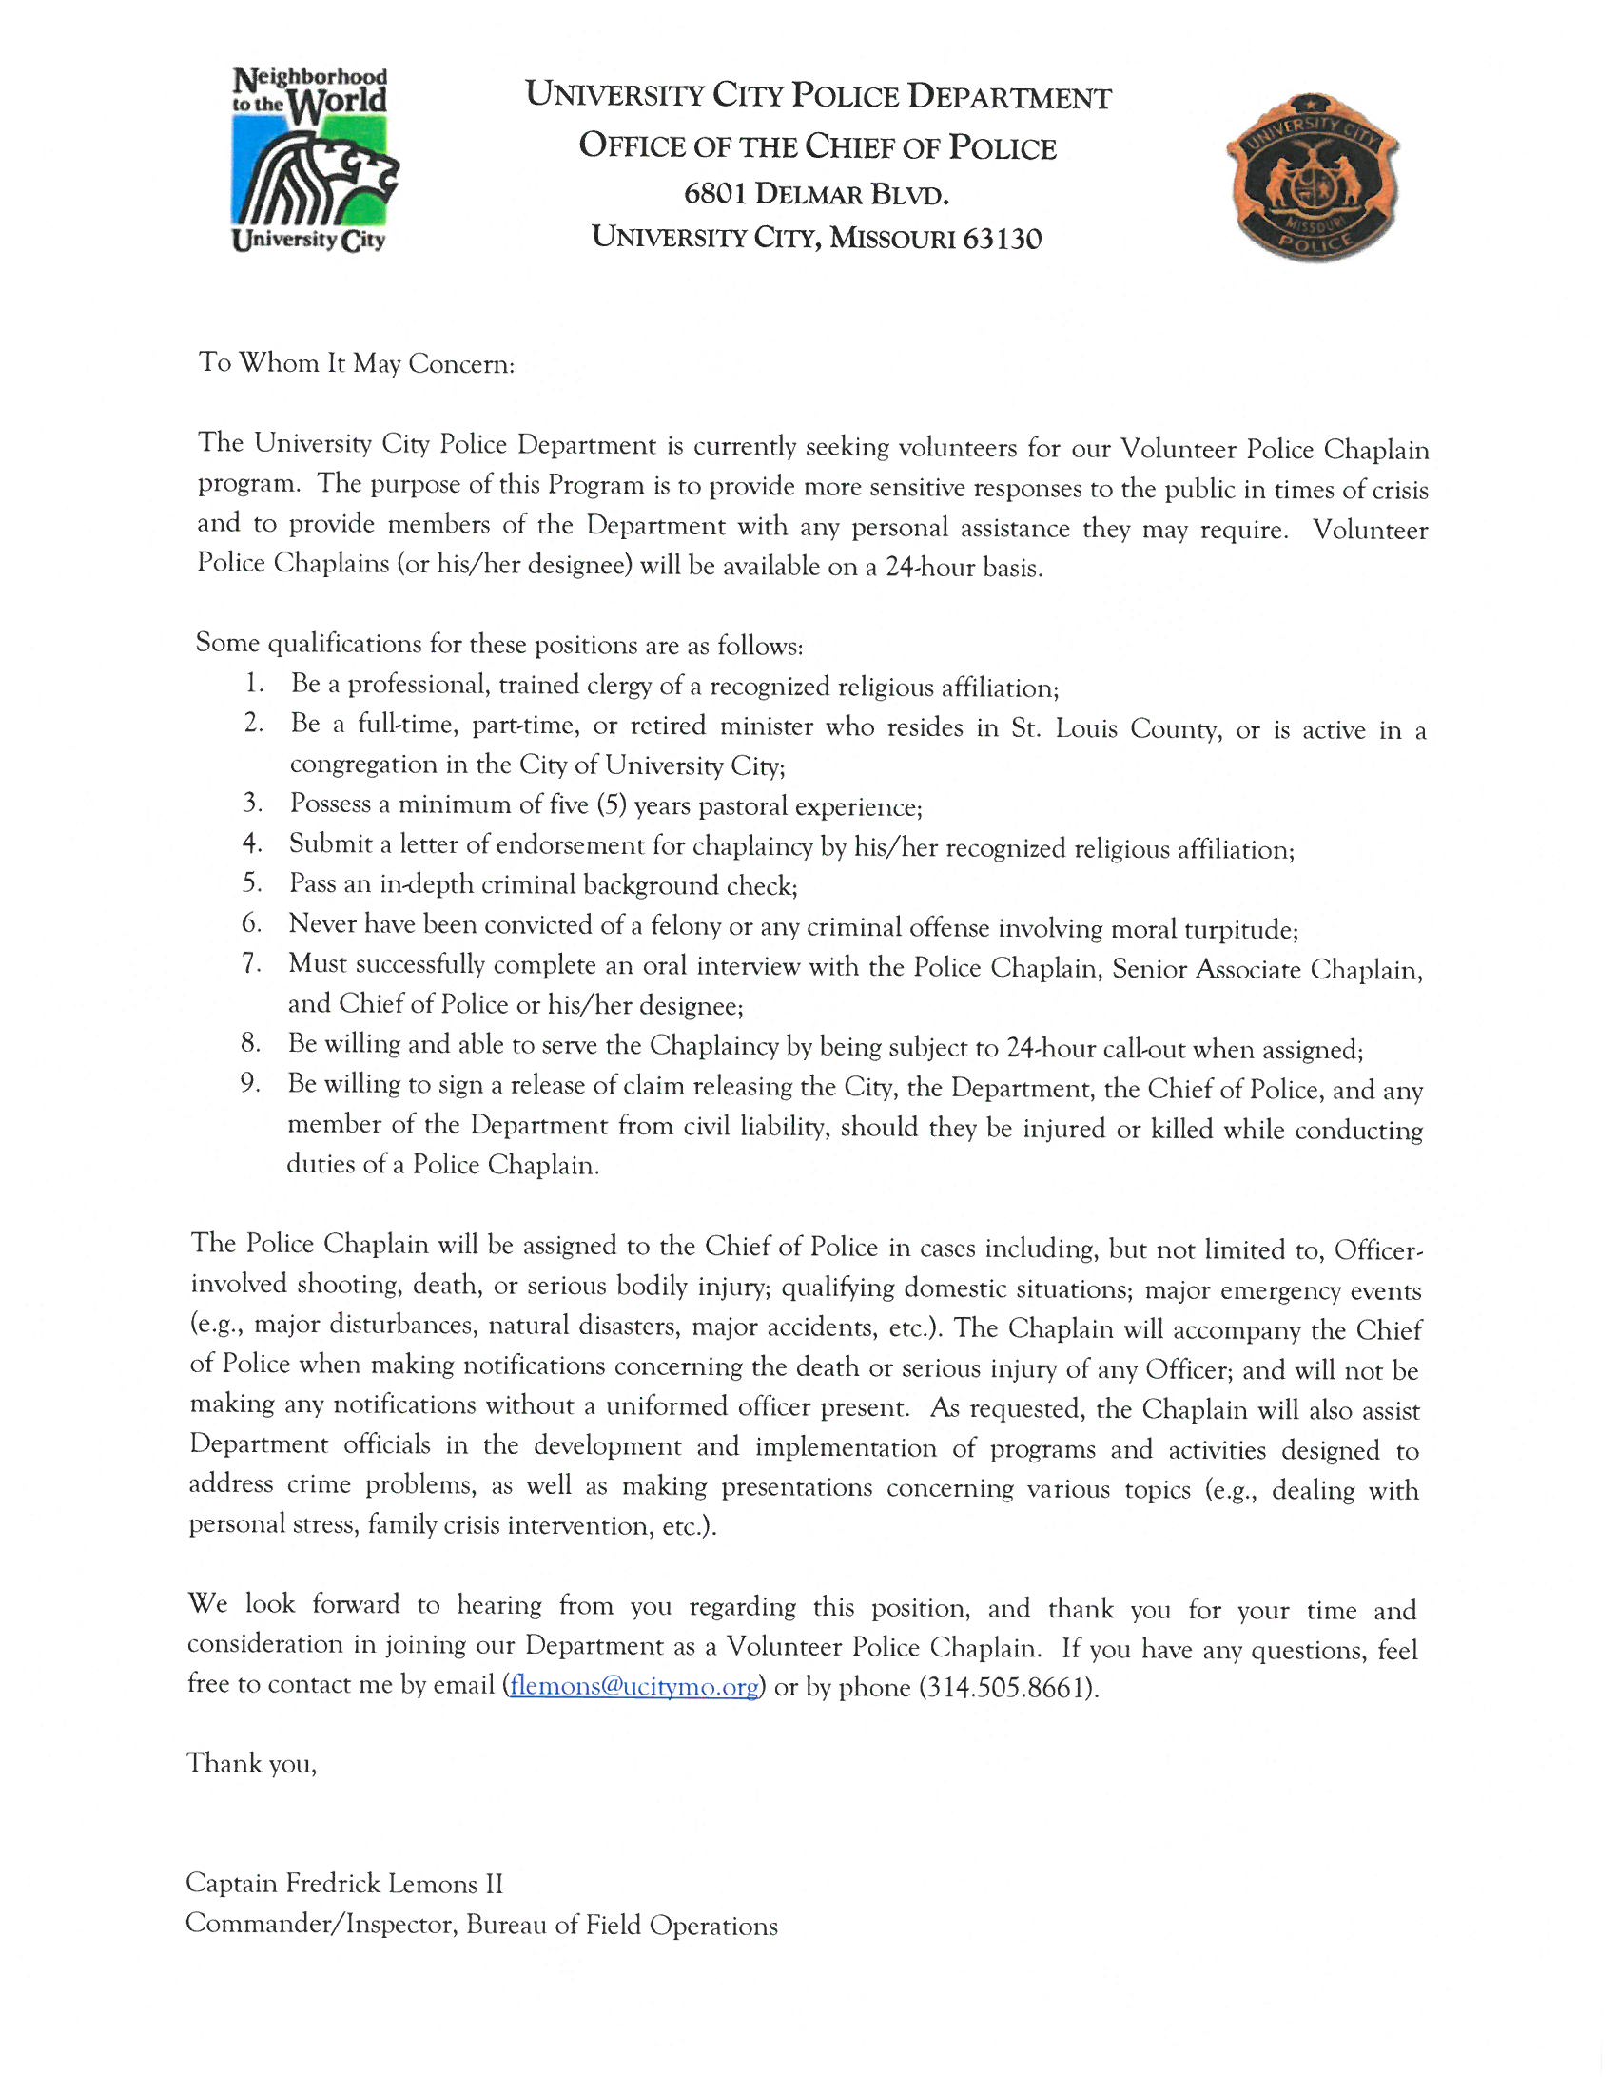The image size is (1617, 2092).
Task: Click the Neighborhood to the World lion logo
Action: [x=311, y=159]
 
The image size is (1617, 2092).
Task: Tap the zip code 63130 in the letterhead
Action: [x=1001, y=238]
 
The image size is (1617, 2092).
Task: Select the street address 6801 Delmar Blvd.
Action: [x=816, y=193]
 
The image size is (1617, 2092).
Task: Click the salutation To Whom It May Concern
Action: [x=357, y=364]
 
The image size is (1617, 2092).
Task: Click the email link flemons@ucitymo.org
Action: [x=635, y=1686]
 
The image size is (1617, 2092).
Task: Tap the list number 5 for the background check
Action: [x=251, y=883]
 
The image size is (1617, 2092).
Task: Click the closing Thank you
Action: [x=251, y=1763]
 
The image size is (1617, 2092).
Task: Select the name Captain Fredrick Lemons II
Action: [x=344, y=1883]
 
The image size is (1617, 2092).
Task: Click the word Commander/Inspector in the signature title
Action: [x=320, y=1925]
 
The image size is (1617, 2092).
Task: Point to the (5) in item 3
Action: [x=612, y=804]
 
